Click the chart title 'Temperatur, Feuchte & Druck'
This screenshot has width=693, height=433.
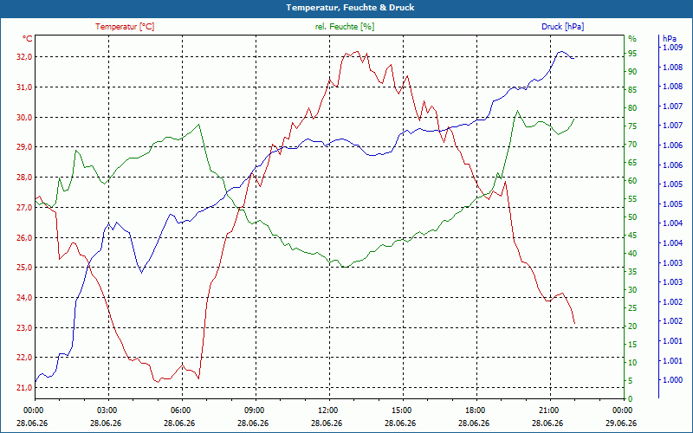350,8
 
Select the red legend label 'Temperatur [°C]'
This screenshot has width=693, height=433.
125,27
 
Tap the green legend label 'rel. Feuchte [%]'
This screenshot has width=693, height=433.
344,27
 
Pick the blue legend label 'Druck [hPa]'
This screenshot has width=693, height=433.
562,27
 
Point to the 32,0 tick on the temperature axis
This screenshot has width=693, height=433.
24,57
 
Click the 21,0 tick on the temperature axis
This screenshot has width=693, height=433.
24,387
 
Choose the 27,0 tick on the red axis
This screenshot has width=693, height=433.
24,207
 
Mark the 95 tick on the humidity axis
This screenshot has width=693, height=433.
632,54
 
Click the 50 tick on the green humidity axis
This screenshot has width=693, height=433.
632,217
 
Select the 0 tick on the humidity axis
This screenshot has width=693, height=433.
631,398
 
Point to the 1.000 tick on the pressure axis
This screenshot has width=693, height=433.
672,380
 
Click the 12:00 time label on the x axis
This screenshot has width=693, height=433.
328,410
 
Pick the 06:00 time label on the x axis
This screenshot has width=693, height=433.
181,410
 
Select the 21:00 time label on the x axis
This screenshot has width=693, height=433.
549,410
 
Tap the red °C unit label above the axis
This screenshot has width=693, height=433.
27,39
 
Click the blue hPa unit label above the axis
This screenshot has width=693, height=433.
670,38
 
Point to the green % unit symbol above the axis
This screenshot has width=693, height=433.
632,39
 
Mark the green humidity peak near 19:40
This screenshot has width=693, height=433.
517,111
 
